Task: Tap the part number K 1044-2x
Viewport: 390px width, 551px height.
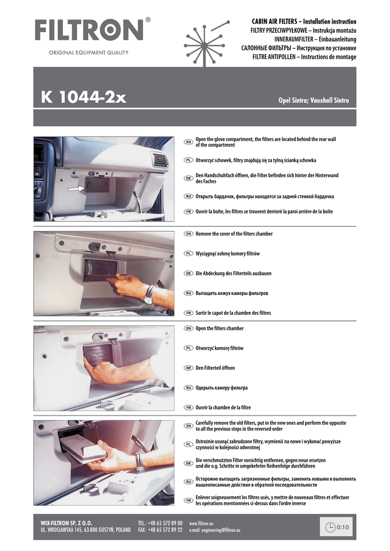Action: pyautogui.click(x=83, y=97)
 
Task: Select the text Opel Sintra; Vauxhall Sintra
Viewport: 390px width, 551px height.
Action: pyautogui.click(x=314, y=100)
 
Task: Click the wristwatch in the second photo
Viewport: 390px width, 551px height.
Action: pyautogui.click(x=149, y=294)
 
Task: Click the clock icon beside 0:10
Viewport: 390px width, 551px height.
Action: pyautogui.click(x=330, y=527)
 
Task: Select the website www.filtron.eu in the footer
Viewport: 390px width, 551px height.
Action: pyautogui.click(x=201, y=523)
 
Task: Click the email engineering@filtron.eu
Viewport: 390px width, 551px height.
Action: pyautogui.click(x=215, y=530)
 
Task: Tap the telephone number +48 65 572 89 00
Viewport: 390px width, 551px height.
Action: pyautogui.click(x=165, y=523)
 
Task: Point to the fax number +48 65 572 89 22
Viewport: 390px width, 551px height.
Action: pyautogui.click(x=165, y=530)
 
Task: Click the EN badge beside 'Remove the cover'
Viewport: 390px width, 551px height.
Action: pyautogui.click(x=189, y=234)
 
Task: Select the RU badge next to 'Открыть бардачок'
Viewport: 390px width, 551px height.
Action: pyautogui.click(x=189, y=196)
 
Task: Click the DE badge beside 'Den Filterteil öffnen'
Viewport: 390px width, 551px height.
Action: pyautogui.click(x=189, y=368)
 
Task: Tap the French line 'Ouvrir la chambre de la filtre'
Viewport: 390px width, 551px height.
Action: pyautogui.click(x=223, y=408)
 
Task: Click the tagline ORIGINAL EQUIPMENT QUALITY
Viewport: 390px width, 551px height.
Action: pyautogui.click(x=89, y=53)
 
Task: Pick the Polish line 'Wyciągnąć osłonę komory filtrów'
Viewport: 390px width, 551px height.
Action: pyautogui.click(x=228, y=253)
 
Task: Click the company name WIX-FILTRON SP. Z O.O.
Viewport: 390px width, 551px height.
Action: pyautogui.click(x=66, y=523)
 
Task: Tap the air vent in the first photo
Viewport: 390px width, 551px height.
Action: pyautogui.click(x=159, y=160)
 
